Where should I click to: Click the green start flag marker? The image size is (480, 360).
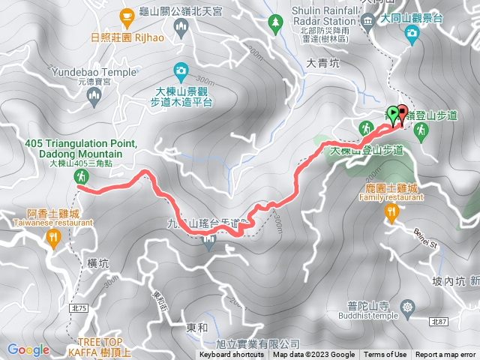(393, 114)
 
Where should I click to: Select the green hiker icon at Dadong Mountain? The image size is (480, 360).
(80, 177)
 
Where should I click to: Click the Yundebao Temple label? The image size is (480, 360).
(94, 73)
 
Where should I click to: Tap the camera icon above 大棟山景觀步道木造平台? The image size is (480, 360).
(180, 72)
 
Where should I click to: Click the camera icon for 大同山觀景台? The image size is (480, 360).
(411, 33)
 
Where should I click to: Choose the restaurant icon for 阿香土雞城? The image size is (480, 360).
(52, 238)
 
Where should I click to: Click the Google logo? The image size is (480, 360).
(28, 349)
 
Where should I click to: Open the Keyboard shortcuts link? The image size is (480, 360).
(232, 355)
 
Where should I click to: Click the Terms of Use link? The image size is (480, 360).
(385, 355)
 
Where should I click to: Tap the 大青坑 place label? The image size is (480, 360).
(323, 64)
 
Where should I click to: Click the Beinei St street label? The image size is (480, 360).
(424, 238)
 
